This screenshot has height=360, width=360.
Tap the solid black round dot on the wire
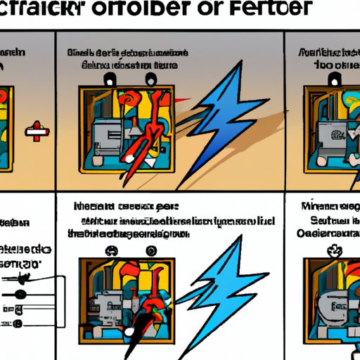(22, 293)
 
